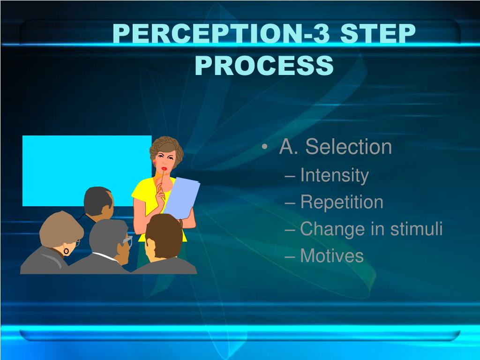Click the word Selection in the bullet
coord(348,147)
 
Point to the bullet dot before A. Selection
coord(266,148)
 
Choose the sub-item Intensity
coord(334,176)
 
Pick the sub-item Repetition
coord(341,202)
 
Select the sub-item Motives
coord(331,256)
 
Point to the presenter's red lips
coord(164,169)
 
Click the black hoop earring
coord(66,251)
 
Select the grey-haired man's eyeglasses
coord(127,241)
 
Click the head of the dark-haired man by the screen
coord(98,202)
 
